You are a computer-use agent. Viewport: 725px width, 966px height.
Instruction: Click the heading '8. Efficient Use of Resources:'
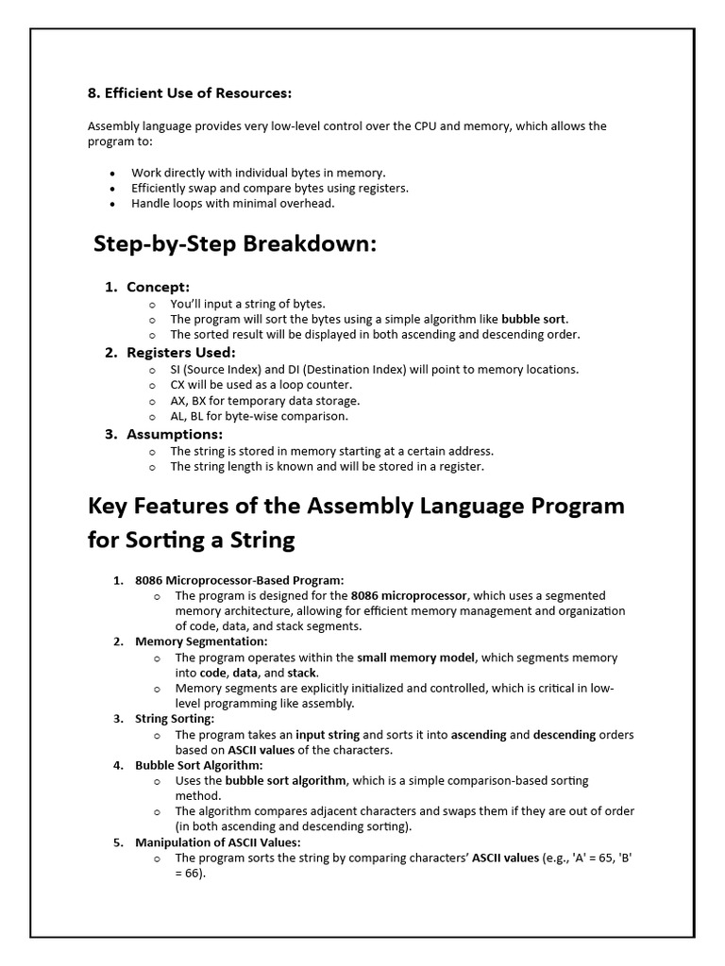point(190,93)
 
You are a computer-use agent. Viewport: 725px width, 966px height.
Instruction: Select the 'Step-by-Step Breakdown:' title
point(235,244)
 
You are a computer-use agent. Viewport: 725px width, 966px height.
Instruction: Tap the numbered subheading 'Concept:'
point(158,287)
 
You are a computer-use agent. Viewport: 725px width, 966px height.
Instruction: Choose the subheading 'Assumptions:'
point(175,434)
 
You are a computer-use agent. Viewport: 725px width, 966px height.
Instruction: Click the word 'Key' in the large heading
point(110,506)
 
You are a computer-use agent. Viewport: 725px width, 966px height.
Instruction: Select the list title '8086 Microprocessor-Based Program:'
point(240,580)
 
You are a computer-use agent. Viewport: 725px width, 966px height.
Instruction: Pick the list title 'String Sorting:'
point(175,719)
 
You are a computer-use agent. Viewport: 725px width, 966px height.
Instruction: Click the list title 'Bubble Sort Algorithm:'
point(199,765)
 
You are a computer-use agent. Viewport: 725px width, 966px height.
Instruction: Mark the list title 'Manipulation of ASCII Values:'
point(218,842)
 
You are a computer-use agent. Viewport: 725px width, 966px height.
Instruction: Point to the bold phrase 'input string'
point(329,735)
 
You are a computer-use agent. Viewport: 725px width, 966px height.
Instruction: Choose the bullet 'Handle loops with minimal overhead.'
point(232,203)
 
